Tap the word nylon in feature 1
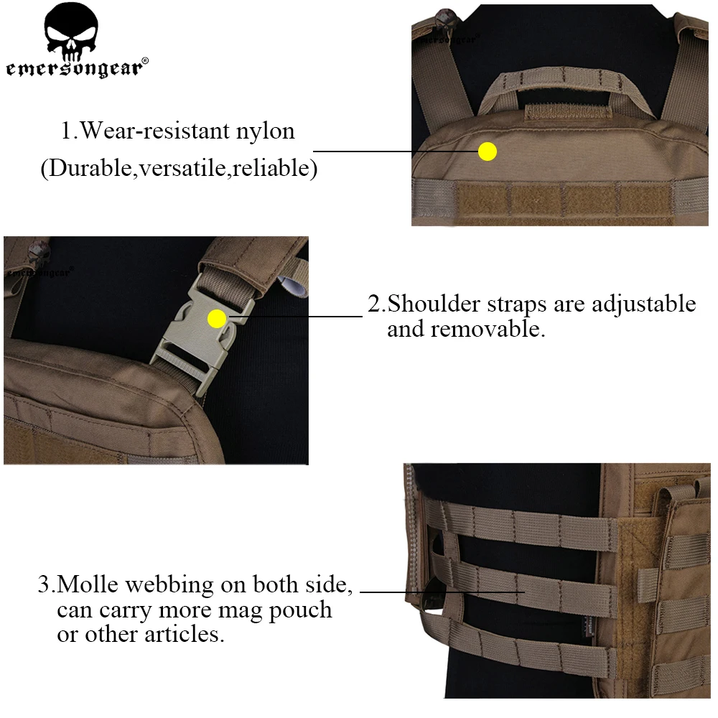[x=265, y=131]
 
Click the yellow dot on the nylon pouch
[x=488, y=151]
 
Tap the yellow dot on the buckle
[x=217, y=319]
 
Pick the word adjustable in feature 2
[x=643, y=304]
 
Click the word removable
[x=488, y=329]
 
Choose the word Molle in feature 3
[x=88, y=584]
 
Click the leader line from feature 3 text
[x=442, y=592]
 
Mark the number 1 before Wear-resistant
[x=66, y=131]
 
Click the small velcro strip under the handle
[x=567, y=112]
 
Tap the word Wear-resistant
[x=155, y=131]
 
